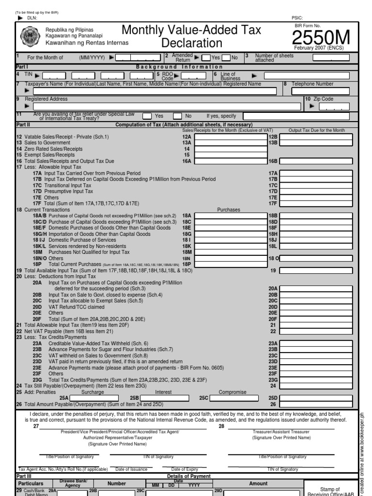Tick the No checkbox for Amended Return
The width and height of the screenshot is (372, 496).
tap(226, 58)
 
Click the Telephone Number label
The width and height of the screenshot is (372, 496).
tap(312, 84)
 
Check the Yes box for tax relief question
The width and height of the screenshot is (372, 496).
tap(147, 116)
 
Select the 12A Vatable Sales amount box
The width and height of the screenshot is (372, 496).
tap(231, 137)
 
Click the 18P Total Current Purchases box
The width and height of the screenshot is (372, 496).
tap(231, 264)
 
